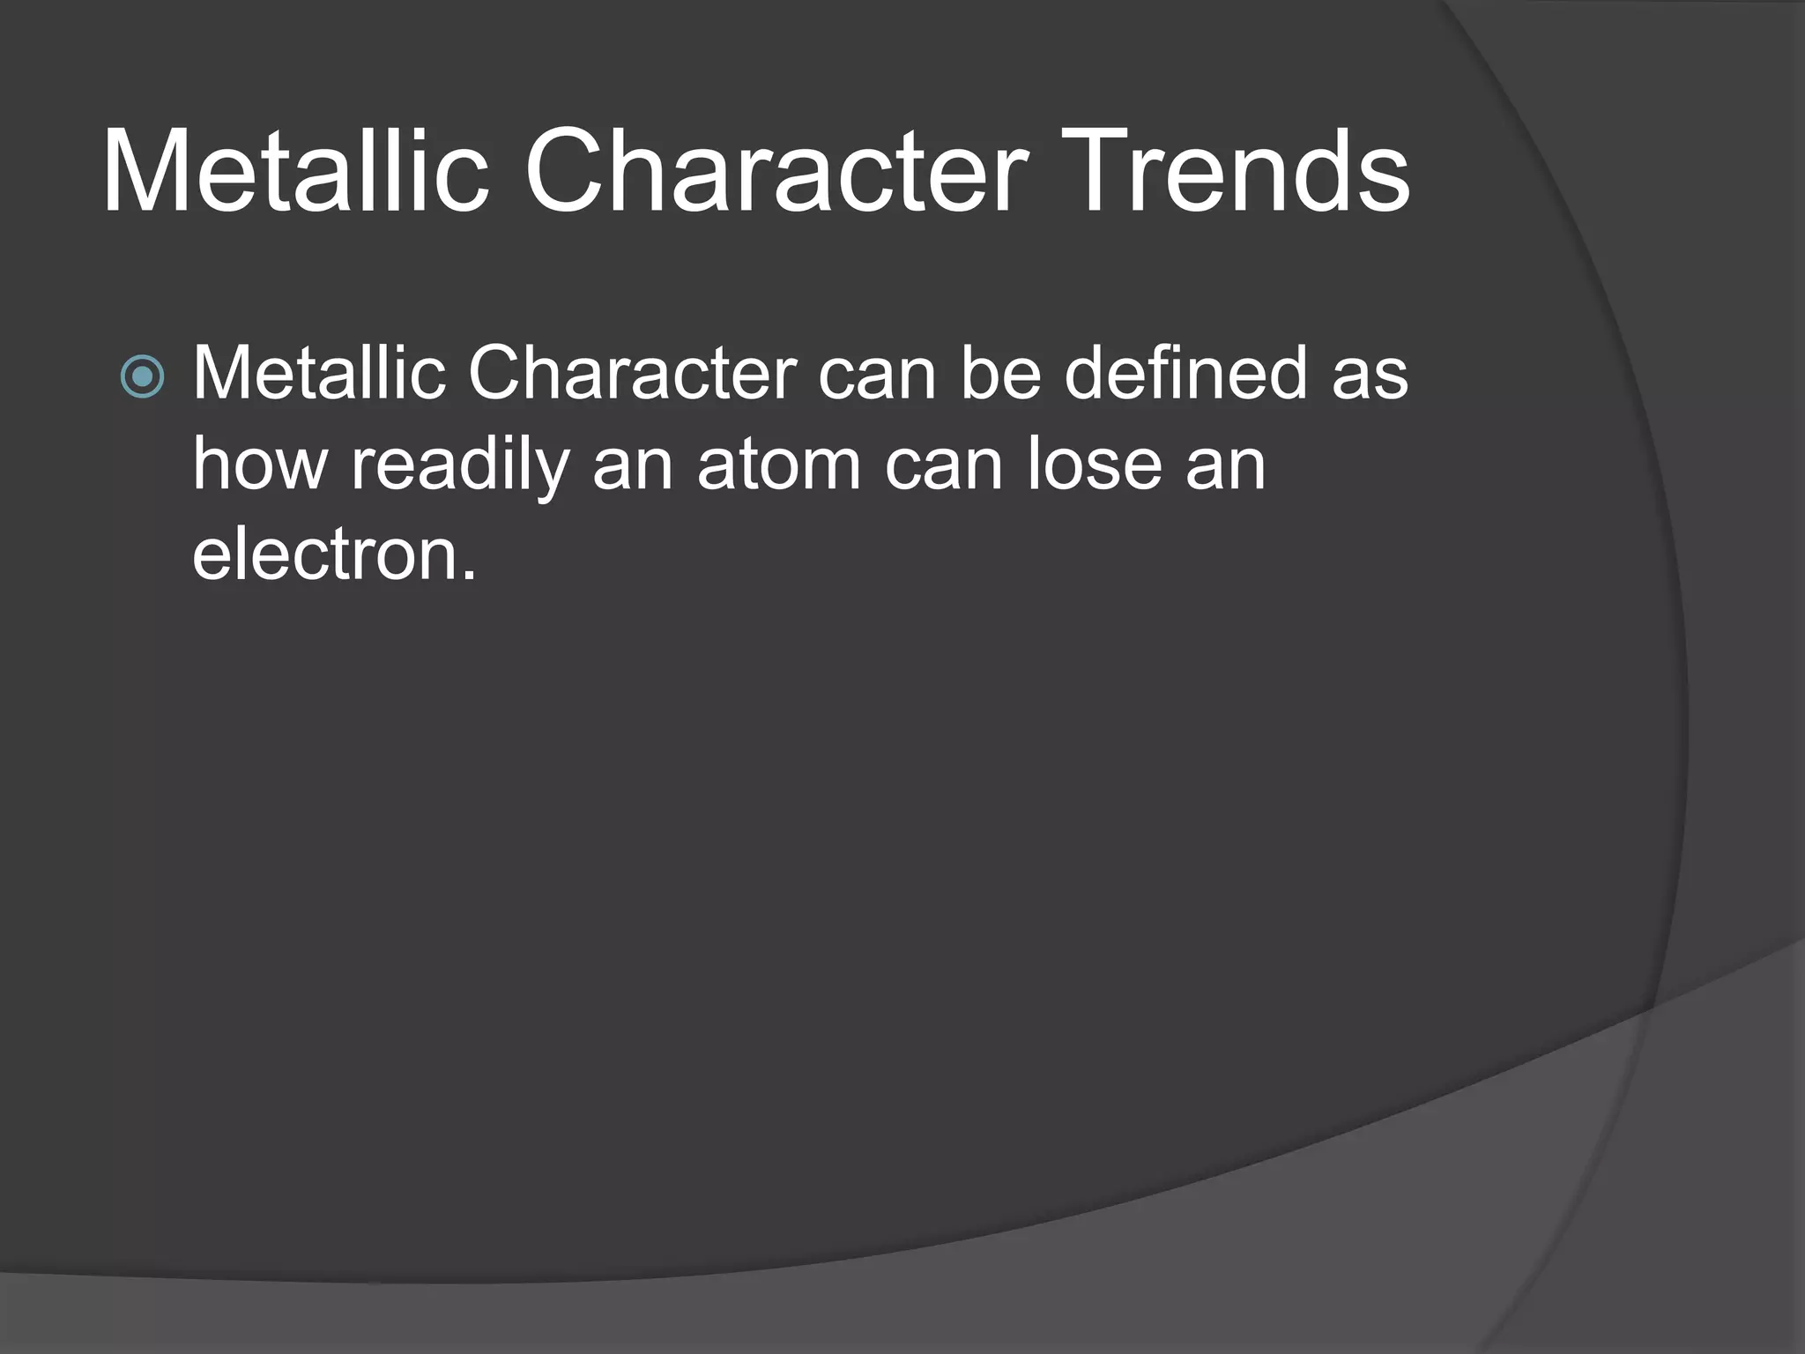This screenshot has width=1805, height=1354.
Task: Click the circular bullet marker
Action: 142,377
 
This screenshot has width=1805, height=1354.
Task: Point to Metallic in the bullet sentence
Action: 319,374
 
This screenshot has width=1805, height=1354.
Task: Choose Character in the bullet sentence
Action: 632,374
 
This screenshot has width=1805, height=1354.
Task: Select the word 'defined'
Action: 1185,374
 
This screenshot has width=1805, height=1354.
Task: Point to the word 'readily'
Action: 459,465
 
